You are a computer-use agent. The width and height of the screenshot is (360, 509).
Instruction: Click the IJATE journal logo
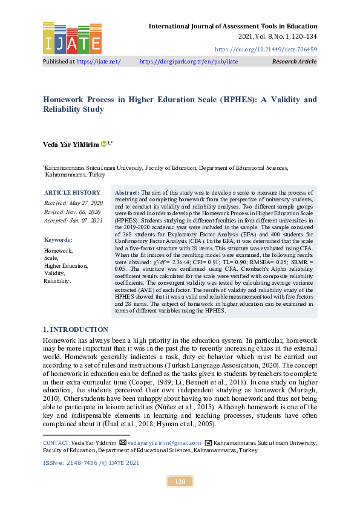[72, 37]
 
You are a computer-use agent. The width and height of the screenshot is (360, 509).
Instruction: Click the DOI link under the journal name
[266, 49]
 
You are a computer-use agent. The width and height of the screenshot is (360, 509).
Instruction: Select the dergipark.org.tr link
[189, 62]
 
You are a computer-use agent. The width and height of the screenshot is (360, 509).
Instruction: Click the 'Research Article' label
[294, 62]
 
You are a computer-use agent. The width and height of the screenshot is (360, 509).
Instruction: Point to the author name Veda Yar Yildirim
[70, 143]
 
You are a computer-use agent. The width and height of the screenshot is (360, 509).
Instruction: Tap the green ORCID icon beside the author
[103, 143]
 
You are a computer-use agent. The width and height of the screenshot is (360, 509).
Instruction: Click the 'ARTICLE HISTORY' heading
[68, 192]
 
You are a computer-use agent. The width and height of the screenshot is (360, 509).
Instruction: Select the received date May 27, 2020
[73, 203]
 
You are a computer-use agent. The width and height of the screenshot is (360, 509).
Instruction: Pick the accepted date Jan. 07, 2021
[73, 221]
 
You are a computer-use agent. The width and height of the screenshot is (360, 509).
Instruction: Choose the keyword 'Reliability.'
[57, 281]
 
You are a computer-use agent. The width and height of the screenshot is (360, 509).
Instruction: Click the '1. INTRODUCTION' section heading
[76, 329]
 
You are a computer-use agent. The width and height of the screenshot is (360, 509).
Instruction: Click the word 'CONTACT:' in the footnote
[56, 443]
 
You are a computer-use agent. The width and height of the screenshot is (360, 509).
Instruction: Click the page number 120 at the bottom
[180, 482]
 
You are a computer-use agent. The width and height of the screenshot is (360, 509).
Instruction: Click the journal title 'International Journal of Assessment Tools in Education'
[233, 26]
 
